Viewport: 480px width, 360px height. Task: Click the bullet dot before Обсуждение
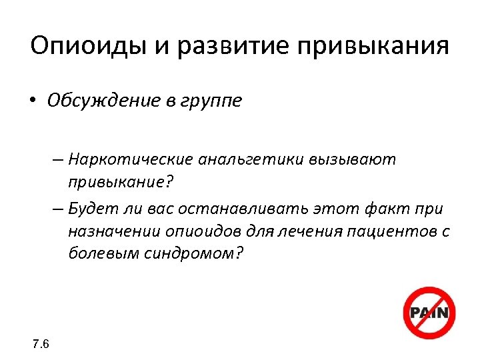click(x=33, y=101)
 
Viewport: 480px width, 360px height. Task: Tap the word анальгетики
click(x=249, y=160)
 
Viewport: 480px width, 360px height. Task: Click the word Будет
click(x=93, y=209)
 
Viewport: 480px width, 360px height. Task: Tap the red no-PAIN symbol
click(x=430, y=313)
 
